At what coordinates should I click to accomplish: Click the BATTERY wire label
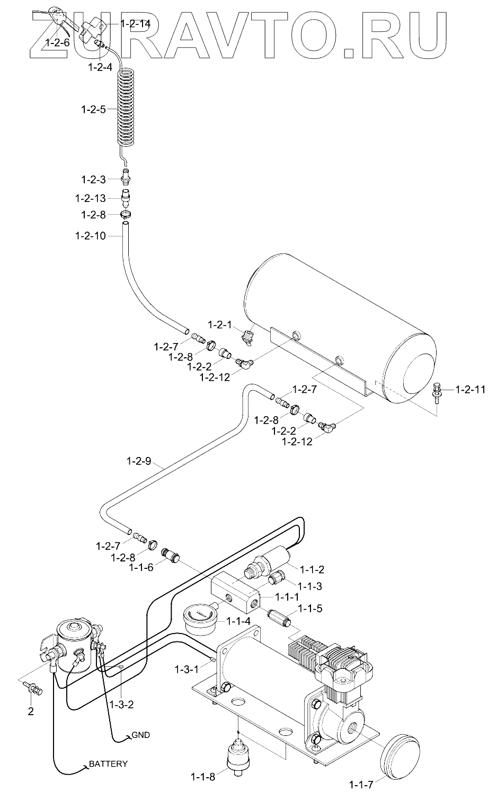[108, 764]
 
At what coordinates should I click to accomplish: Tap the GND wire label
[140, 735]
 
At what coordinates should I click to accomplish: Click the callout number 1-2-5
[93, 109]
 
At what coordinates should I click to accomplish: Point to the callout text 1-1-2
[312, 570]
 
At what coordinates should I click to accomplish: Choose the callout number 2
[31, 711]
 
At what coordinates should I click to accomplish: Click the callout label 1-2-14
[136, 24]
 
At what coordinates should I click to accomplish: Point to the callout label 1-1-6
[141, 567]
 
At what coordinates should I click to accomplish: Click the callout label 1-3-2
[123, 704]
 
